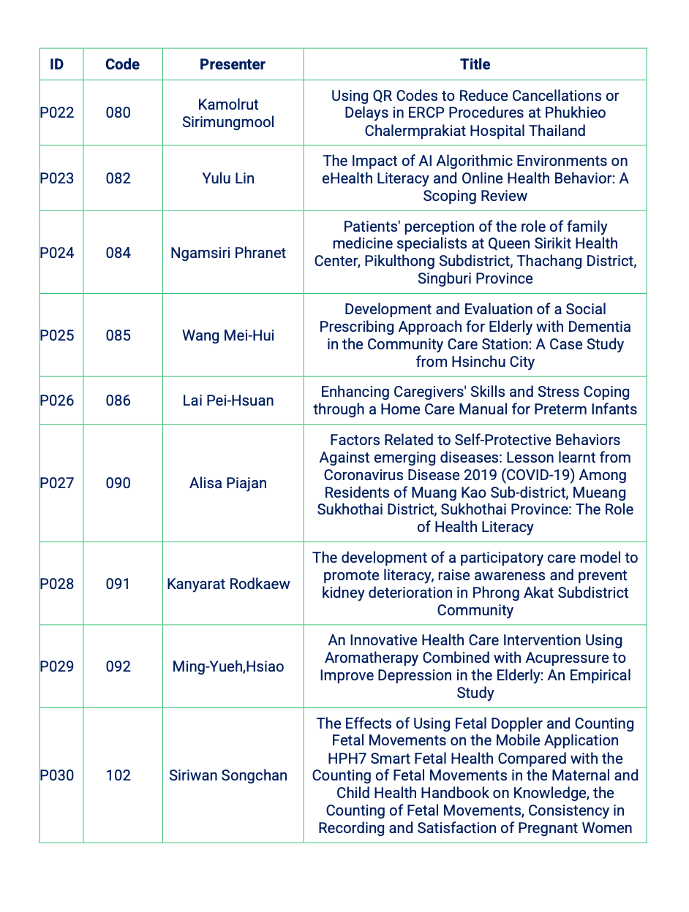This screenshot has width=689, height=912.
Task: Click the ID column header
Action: pos(56,64)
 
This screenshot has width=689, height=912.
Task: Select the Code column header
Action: pos(122,64)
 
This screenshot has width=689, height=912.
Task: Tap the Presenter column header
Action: pos(233,64)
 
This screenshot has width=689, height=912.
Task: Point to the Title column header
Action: pos(475,64)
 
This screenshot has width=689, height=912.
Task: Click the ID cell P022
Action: pos(57,113)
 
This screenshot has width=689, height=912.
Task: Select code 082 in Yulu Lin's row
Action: pos(118,178)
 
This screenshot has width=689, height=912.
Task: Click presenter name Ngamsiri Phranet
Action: pos(228,253)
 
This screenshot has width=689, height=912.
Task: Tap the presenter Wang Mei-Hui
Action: pos(228,335)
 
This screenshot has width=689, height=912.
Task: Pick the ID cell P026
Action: pos(57,400)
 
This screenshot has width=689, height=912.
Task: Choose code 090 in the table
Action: pos(118,483)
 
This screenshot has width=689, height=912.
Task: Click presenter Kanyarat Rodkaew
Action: pos(228,584)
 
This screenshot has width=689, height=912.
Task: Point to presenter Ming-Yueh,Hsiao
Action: pos(228,666)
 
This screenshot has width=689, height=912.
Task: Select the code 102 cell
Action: pos(118,775)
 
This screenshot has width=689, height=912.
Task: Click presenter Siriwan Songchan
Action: pos(228,775)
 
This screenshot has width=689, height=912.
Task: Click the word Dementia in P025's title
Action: pos(600,327)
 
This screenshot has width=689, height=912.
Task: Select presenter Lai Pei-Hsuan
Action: pos(228,400)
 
